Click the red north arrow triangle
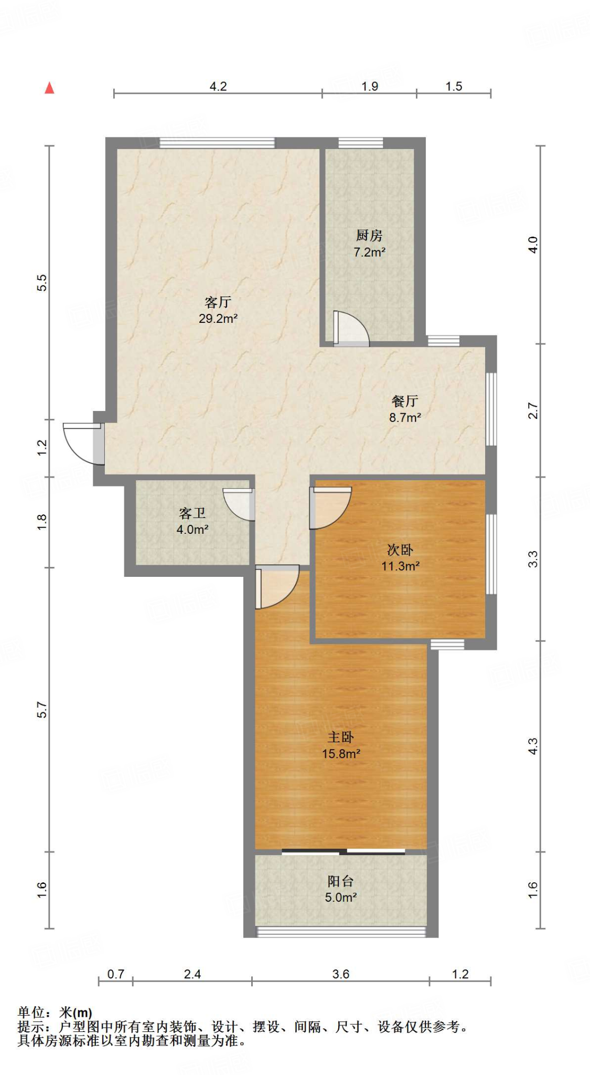pos(49,88)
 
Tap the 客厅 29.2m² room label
pos(218,310)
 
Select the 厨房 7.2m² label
pos(369,244)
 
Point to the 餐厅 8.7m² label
pos(405,409)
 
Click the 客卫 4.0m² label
pos(192,521)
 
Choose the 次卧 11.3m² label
pos(400,557)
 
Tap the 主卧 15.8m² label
pos(341,745)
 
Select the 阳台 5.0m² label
pos(341,889)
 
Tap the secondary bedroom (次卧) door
pos(329,508)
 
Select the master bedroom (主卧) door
pos(275,587)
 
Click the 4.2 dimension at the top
pos(218,86)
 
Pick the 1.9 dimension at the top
pos(370,86)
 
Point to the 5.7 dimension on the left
pos(42,710)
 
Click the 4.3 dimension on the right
pos(532,746)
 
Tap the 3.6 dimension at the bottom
pos(340,974)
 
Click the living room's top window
pos(217,142)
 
